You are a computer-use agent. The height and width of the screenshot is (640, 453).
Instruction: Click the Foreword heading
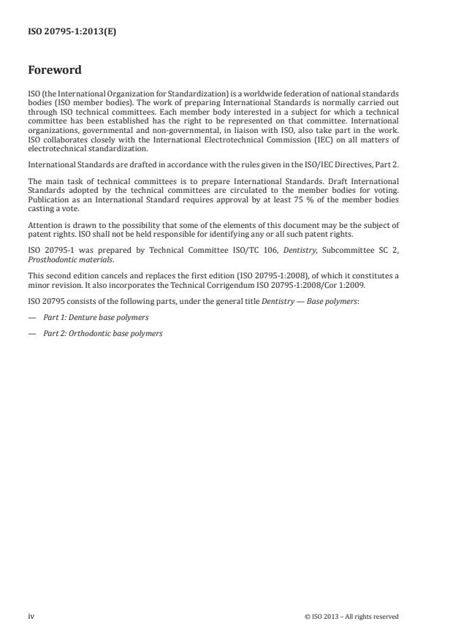[54, 71]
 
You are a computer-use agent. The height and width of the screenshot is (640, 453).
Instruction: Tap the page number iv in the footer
[31, 616]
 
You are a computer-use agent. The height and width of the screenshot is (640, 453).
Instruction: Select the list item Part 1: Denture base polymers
[95, 317]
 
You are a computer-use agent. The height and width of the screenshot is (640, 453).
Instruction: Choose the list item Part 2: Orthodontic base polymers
[102, 333]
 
